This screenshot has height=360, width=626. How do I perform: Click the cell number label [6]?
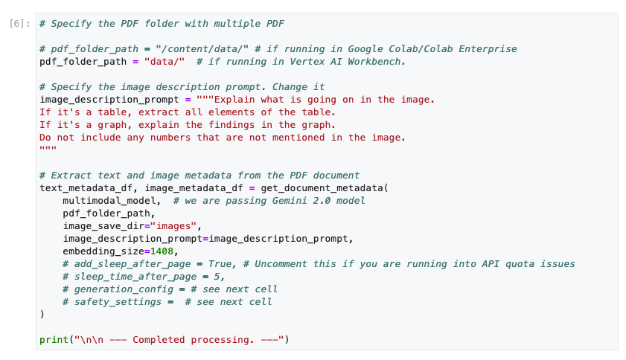(x=19, y=24)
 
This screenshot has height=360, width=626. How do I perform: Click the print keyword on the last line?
(x=54, y=340)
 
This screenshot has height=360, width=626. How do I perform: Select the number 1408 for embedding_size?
(x=162, y=251)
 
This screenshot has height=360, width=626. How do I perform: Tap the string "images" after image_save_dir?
(x=173, y=226)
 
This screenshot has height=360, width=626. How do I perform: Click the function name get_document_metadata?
(x=322, y=188)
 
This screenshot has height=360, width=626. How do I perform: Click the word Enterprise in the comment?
(x=488, y=49)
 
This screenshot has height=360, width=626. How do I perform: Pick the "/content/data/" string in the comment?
(x=202, y=49)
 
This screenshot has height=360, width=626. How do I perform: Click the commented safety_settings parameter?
(x=118, y=302)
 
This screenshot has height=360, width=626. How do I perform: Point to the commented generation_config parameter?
(x=124, y=289)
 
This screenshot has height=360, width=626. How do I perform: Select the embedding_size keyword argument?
(x=103, y=251)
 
